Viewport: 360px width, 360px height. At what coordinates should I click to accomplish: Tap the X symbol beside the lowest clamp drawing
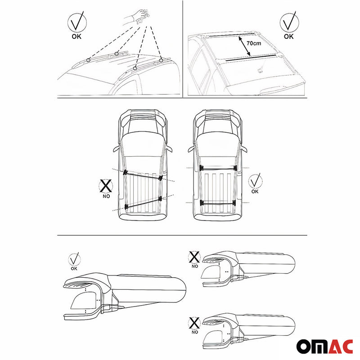point(194,323)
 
